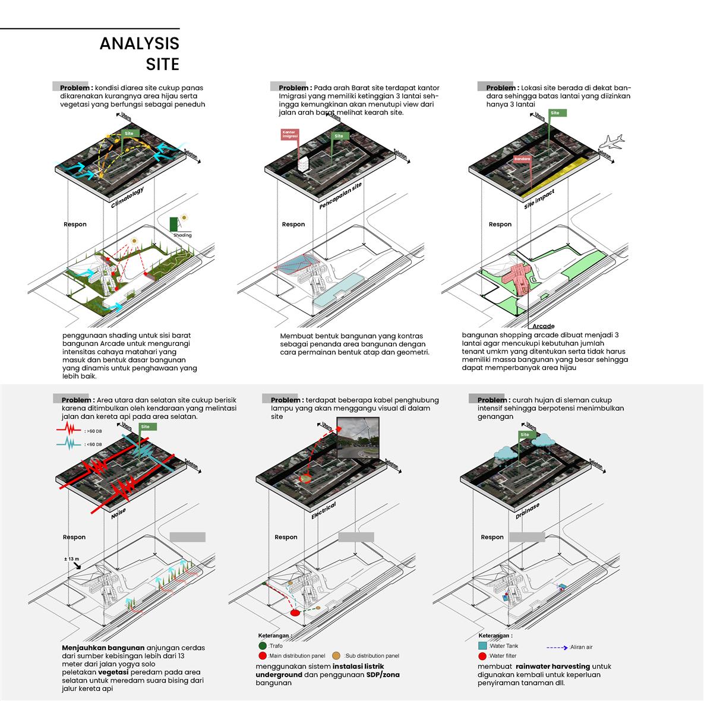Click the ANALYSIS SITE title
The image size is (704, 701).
pos(139,53)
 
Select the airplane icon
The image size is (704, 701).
pos(611,142)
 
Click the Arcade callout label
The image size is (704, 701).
pos(543,326)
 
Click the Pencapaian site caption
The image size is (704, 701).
pos(340,196)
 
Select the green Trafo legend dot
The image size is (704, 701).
pos(263,645)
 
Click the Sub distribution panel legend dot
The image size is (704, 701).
pos(336,655)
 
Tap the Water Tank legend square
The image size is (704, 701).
pos(482,645)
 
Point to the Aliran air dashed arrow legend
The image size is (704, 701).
pos(557,647)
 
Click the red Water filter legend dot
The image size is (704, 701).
pos(482,656)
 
